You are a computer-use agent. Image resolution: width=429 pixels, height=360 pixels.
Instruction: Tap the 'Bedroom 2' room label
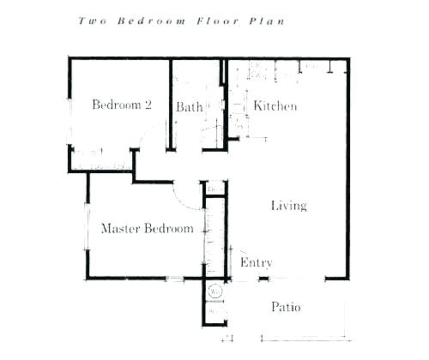tap(122, 105)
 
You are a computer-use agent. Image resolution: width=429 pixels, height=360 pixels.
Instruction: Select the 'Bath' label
tap(190, 107)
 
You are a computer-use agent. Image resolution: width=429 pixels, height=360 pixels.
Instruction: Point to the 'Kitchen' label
tap(275, 106)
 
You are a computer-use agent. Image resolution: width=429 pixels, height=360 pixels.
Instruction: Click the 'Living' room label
tap(289, 206)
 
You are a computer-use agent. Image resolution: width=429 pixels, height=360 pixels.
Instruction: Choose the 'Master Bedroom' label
tap(147, 229)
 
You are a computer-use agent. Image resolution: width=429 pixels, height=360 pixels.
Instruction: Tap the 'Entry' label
tap(256, 262)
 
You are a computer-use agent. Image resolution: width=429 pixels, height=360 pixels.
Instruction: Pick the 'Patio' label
tap(286, 307)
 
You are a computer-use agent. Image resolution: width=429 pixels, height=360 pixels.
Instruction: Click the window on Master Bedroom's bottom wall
tap(174, 279)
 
